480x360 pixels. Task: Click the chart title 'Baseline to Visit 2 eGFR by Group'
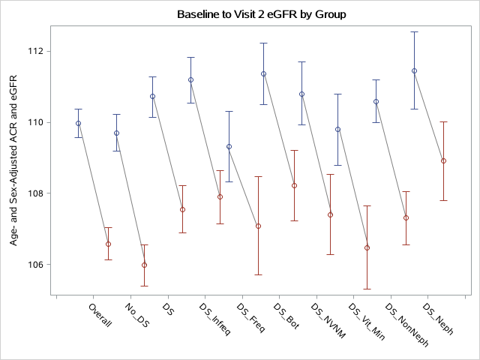[262, 14]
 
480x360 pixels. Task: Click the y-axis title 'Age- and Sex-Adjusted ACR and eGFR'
[14, 165]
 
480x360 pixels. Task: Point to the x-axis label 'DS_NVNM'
[328, 321]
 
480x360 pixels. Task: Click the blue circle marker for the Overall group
[78, 123]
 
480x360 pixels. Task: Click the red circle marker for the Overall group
[108, 244]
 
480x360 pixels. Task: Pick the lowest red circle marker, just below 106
[144, 265]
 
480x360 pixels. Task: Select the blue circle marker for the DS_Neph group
[414, 70]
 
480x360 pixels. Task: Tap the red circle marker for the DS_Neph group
[443, 160]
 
